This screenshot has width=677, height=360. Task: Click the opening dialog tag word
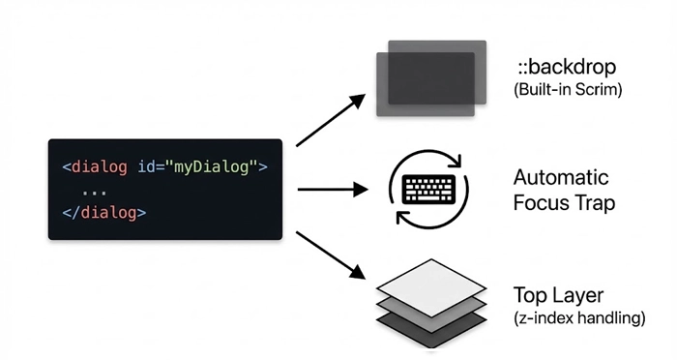(x=99, y=167)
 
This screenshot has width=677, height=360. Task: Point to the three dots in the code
(x=95, y=190)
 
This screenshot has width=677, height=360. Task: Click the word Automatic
(x=561, y=178)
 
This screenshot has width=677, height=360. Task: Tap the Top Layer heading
(x=559, y=294)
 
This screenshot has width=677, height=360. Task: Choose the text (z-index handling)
(x=577, y=316)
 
